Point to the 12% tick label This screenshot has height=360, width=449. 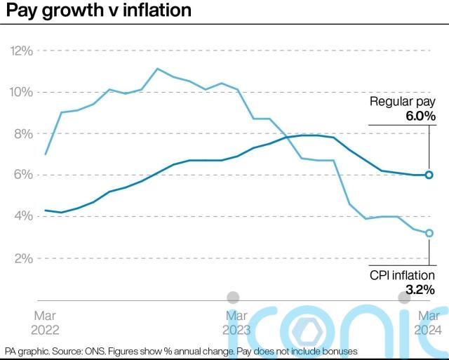coord(21,51)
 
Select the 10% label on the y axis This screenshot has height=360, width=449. coord(21,93)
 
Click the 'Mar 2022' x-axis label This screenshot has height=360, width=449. coord(46,323)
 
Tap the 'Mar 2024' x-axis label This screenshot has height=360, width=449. coord(428,323)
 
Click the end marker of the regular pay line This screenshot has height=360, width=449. coord(429,175)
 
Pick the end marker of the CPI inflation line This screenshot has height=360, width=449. coord(429,233)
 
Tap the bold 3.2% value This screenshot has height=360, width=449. coord(420,289)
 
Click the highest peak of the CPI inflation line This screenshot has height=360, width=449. coord(157,68)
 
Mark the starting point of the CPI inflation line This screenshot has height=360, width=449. coord(46,154)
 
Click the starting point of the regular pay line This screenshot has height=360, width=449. coord(46,210)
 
